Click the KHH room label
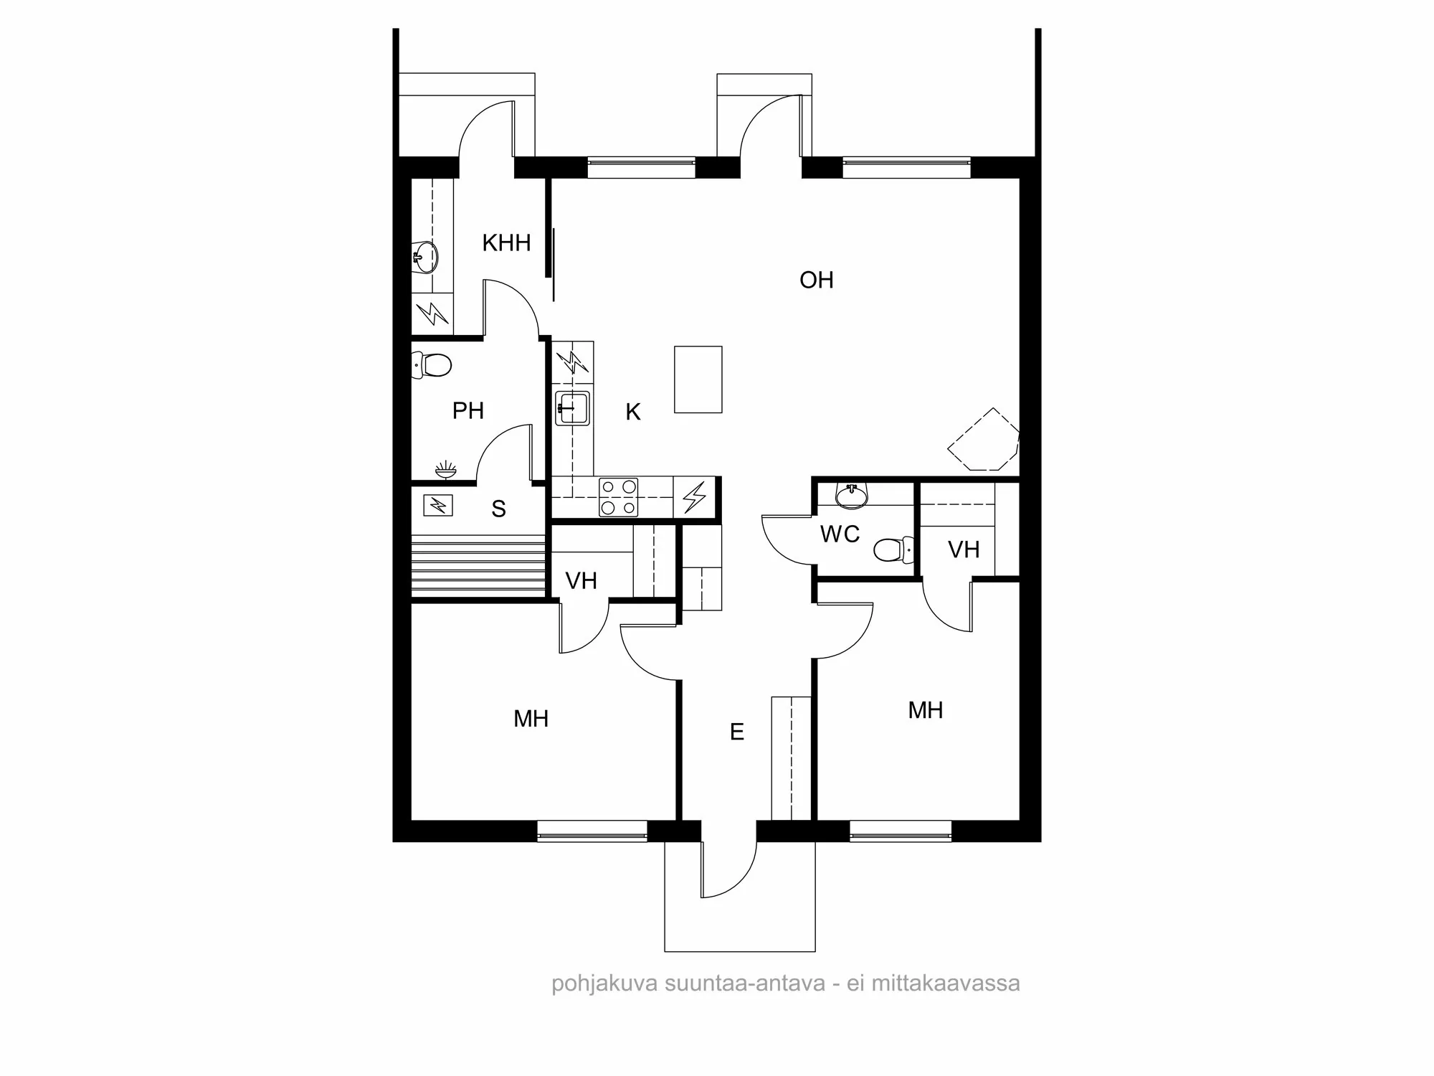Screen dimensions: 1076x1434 (506, 243)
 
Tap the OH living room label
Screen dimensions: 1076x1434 (816, 280)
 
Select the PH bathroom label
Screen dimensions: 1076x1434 (467, 411)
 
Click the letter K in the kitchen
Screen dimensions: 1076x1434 (632, 412)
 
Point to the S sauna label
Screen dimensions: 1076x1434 (498, 509)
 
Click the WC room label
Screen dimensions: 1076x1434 (840, 534)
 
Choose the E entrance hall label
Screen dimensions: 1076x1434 (736, 732)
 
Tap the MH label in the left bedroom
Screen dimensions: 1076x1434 (531, 719)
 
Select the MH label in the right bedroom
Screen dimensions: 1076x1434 (925, 711)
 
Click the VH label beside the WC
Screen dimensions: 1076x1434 (963, 550)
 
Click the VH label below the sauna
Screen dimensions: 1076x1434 (581, 581)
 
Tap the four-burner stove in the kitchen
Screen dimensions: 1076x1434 (618, 497)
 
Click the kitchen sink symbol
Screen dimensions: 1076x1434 (572, 409)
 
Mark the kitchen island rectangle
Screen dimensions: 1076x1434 (698, 379)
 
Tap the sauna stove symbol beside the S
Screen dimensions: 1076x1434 (437, 506)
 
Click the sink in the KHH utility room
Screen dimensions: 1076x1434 (426, 256)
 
